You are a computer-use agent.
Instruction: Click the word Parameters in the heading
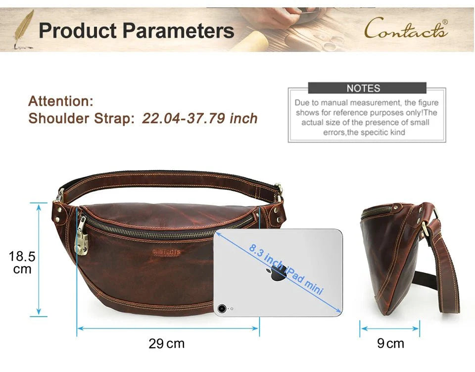pyautogui.click(x=178, y=31)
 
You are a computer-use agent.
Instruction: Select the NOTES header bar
pyautogui.click(x=367, y=88)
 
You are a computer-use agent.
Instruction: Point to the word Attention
pyautogui.click(x=60, y=101)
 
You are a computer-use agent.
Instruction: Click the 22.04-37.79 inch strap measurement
pyautogui.click(x=199, y=118)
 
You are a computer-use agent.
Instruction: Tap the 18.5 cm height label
pyautogui.click(x=22, y=262)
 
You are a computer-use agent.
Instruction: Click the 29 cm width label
pyautogui.click(x=166, y=343)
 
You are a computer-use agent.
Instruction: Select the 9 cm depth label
pyautogui.click(x=390, y=343)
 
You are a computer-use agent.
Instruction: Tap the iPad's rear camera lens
pyautogui.click(x=222, y=309)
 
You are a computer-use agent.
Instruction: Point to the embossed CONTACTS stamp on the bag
pyautogui.click(x=166, y=252)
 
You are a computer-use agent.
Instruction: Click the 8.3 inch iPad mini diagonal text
pyautogui.click(x=286, y=269)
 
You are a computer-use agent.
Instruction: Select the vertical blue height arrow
pyautogui.click(x=39, y=260)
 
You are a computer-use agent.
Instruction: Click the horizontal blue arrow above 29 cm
pyautogui.click(x=168, y=328)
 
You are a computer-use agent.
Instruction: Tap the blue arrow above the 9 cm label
pyautogui.click(x=390, y=328)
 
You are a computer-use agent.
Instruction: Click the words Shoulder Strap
pyautogui.click(x=81, y=118)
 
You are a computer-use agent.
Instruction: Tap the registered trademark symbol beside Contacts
pyautogui.click(x=445, y=22)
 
